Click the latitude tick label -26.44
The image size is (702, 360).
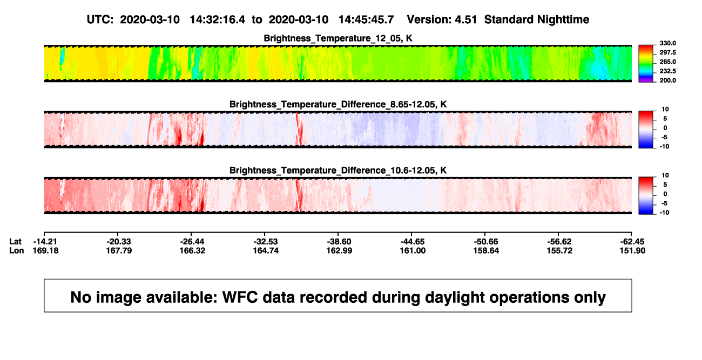point(192,242)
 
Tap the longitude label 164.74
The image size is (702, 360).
point(266,250)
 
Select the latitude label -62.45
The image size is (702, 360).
point(632,242)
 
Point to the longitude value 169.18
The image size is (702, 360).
point(45,250)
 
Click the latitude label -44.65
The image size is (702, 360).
point(413,242)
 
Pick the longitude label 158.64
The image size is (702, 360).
point(486,250)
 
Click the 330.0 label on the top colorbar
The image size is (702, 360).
point(667,43)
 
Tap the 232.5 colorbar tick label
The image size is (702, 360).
point(667,71)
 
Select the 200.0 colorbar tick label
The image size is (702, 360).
point(667,80)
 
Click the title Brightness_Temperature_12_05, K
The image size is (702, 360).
point(338,38)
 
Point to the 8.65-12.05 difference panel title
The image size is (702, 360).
point(338,104)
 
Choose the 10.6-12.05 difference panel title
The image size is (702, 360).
point(338,171)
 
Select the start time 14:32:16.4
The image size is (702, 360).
point(218,19)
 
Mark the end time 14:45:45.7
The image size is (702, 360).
point(366,19)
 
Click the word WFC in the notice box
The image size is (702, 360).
point(240,297)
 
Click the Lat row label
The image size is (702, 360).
point(15,242)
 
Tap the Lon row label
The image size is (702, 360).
point(17,250)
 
